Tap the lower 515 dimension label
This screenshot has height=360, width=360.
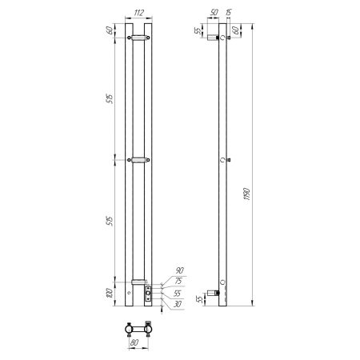pyautogui.click(x=109, y=222)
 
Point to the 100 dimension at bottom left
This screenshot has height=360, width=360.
pyautogui.click(x=109, y=294)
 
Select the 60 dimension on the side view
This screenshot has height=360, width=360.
pyautogui.click(x=236, y=30)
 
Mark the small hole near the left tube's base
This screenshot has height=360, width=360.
pyautogui.click(x=130, y=293)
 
